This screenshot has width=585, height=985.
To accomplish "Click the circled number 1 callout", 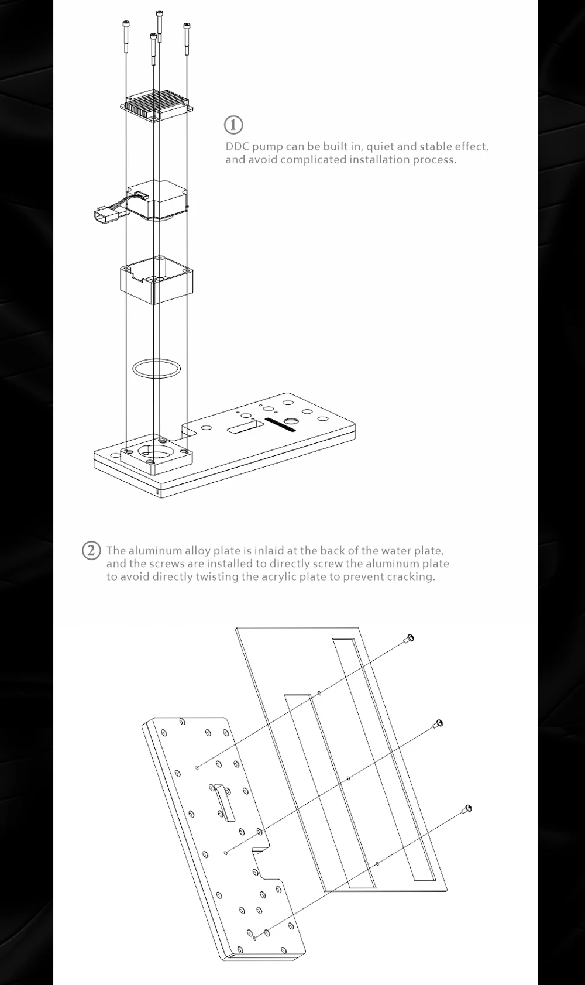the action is (233, 125).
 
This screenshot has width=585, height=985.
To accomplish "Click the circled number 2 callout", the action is (91, 551).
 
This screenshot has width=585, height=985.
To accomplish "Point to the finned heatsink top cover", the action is (157, 105).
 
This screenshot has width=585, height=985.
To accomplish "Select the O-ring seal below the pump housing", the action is (156, 368).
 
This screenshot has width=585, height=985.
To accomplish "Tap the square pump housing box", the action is (156, 280).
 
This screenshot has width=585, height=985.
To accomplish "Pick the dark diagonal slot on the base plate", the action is (280, 424).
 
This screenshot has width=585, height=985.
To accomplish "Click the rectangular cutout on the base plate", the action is (245, 426).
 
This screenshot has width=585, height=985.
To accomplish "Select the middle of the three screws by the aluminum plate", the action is (437, 725).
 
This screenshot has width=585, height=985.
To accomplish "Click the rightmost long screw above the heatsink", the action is (187, 39).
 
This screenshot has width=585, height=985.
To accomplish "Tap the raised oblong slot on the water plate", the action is (223, 802).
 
